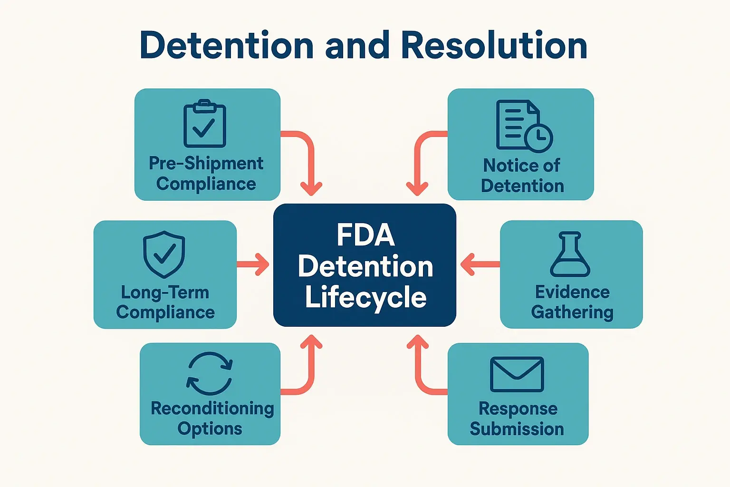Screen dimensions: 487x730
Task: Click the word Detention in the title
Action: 227,46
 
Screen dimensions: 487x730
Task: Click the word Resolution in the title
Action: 494,46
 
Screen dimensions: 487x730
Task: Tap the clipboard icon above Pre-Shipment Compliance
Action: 205,124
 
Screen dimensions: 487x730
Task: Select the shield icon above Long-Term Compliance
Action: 164,254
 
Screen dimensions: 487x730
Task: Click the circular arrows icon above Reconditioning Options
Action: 210,373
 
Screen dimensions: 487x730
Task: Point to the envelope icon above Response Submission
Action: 517,374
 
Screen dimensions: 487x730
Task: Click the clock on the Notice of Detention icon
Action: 538,138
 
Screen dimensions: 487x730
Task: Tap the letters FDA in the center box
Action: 365,235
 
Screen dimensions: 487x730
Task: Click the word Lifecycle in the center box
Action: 365,297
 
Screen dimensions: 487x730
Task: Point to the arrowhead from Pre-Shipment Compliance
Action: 311,188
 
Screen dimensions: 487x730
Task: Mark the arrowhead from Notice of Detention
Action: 418,188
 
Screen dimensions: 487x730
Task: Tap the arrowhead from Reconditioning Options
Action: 311,342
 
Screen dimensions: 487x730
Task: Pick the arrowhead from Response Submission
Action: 418,342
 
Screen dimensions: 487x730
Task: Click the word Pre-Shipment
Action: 206,163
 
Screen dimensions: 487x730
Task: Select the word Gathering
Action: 572,312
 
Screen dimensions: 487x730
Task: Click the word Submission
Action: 517,429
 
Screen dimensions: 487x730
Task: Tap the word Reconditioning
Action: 212,409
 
